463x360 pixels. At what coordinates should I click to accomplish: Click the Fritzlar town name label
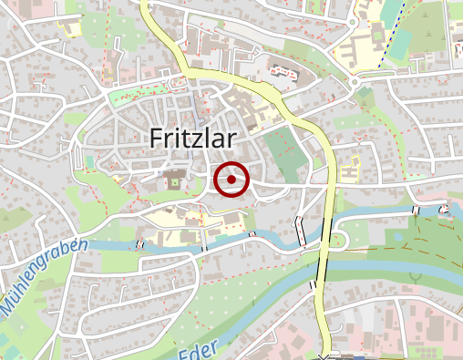point(191,138)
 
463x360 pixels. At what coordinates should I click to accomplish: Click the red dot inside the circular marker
point(233,180)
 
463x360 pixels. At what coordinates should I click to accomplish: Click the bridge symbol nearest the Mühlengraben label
point(139,244)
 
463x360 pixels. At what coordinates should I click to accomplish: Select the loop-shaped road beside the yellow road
point(338,239)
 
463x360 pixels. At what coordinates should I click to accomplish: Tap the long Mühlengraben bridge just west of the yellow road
point(300,231)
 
